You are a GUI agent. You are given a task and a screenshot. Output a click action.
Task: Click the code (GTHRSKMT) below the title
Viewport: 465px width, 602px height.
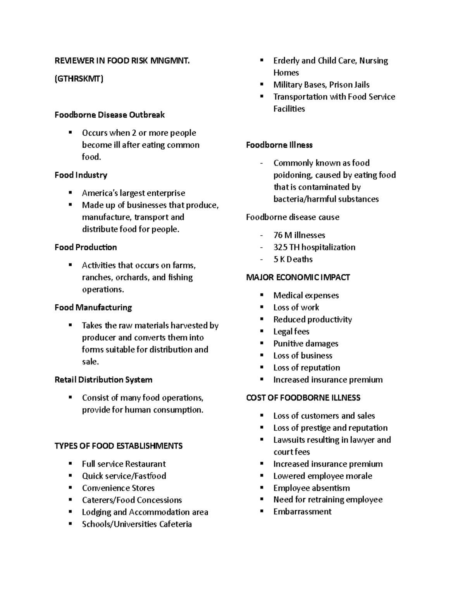(79, 79)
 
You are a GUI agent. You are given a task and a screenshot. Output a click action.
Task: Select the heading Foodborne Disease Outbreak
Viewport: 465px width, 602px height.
(110, 115)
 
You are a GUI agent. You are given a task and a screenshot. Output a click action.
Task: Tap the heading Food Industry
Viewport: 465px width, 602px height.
(81, 175)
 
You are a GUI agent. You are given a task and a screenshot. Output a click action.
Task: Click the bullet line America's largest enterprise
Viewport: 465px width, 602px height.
(133, 193)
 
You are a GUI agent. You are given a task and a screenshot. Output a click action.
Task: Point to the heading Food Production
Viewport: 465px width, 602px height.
(86, 247)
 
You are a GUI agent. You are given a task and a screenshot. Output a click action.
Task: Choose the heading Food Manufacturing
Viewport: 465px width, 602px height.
(93, 307)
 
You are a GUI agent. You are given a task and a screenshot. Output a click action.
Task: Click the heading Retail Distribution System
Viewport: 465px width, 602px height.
(103, 380)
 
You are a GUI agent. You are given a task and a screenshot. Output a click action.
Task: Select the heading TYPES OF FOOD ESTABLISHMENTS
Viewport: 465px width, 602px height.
(119, 446)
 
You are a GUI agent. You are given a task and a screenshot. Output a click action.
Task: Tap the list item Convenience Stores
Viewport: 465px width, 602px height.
(118, 488)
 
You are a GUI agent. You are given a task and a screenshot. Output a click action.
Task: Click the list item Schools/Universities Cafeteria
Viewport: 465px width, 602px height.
(137, 524)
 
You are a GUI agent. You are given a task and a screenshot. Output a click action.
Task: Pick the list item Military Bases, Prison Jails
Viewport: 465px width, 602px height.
(321, 85)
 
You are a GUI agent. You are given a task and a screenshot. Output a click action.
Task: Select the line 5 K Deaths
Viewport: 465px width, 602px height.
(293, 259)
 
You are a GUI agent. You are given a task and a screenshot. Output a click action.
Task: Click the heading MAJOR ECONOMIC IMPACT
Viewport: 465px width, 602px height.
(298, 278)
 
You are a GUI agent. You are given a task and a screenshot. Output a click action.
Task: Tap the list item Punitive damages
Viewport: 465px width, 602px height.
(306, 344)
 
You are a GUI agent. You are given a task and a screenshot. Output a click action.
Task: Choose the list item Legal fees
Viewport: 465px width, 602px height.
(291, 332)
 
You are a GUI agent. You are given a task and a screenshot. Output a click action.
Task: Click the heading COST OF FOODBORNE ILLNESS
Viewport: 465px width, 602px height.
(303, 398)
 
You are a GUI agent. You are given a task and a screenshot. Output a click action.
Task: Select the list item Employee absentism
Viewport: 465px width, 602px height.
(312, 488)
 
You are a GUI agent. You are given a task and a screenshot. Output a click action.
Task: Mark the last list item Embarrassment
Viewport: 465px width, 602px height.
(302, 512)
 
